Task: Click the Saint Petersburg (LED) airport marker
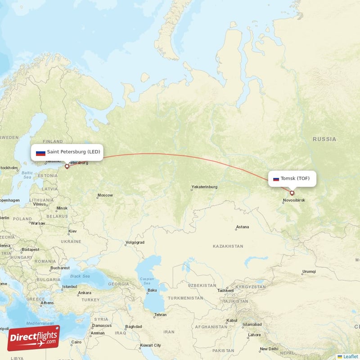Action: [67, 166]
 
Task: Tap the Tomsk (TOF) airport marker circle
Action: [292, 193]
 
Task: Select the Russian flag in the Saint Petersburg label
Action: [40, 153]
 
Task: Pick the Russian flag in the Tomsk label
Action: [276, 179]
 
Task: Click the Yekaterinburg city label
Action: [204, 187]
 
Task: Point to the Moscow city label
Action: [105, 195]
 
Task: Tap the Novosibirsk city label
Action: [294, 200]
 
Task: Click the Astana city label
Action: [242, 227]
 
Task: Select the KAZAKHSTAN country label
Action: [228, 247]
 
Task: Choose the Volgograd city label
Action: [135, 243]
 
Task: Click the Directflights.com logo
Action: [33, 338]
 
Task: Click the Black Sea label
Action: [80, 276]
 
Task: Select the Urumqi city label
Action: [309, 272]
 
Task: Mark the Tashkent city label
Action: [225, 291]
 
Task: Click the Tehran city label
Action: [161, 315]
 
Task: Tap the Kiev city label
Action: [72, 231]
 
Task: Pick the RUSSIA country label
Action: [324, 139]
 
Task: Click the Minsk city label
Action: [62, 208]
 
